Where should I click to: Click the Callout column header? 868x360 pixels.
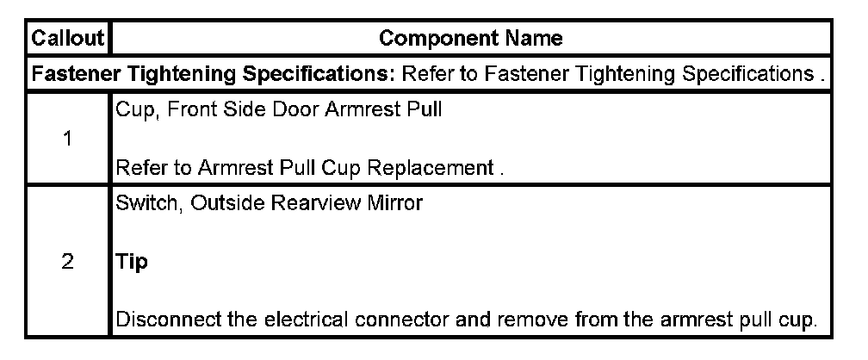click(x=67, y=39)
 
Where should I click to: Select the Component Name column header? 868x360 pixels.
click(x=471, y=39)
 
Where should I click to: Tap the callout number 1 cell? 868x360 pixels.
click(x=67, y=140)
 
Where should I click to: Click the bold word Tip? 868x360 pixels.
click(x=131, y=263)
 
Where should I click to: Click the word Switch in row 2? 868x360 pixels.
click(x=140, y=205)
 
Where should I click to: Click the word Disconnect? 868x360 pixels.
click(x=158, y=320)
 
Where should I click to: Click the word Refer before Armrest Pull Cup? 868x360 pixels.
click(x=138, y=169)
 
